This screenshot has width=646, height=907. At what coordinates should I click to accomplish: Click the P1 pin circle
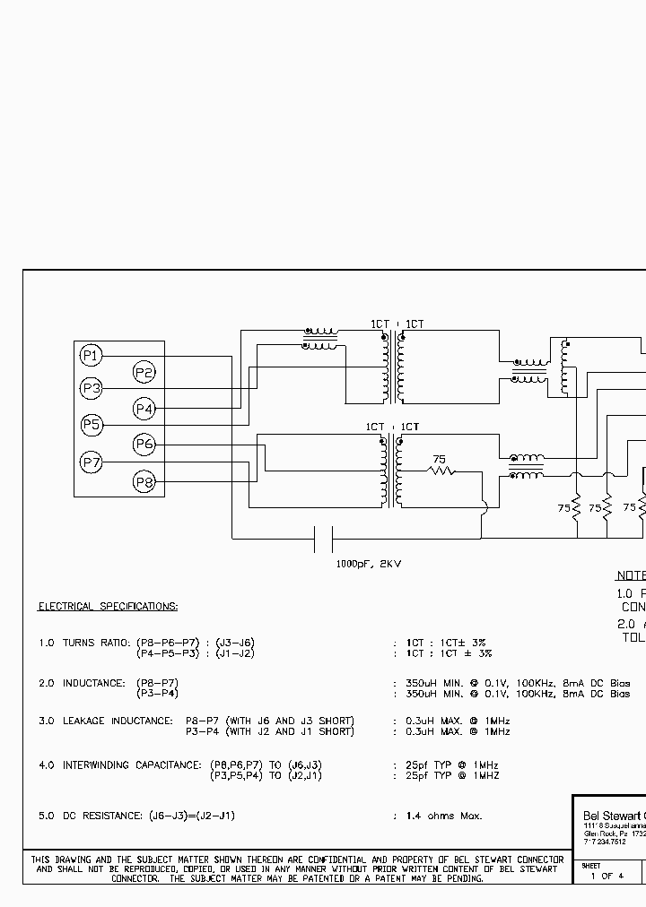90,356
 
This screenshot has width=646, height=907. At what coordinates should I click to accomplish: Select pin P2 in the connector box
144,373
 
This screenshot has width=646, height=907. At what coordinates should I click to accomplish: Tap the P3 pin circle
91,389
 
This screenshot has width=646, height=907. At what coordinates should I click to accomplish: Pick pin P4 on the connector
144,409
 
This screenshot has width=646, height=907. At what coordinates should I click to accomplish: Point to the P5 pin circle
91,425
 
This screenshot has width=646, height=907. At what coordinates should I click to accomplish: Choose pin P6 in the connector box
144,444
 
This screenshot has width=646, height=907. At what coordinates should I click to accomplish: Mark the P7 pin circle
91,462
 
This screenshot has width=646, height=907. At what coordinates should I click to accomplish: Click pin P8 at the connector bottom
144,482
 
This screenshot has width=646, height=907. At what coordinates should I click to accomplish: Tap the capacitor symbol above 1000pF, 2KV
324,539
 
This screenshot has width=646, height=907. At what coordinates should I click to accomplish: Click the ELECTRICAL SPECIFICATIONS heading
108,607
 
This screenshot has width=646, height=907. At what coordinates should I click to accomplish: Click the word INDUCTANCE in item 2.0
93,683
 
